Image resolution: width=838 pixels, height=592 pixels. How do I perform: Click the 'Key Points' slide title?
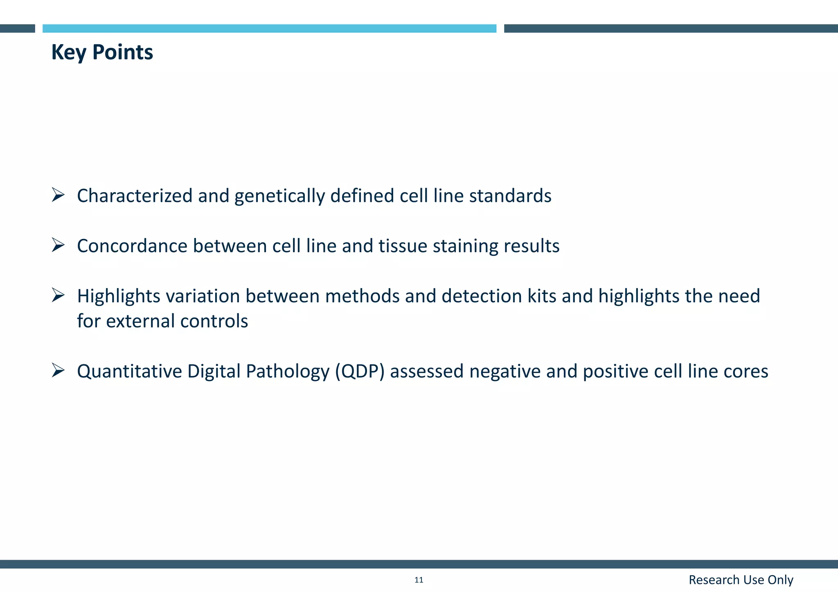coord(102,52)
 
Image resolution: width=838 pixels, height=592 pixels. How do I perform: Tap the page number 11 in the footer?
coord(419,580)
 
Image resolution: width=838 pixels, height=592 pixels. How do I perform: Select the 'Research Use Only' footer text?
coord(741,580)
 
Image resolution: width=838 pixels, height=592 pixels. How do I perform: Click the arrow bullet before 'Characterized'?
coord(58,195)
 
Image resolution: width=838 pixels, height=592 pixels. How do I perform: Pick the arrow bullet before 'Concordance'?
coord(58,245)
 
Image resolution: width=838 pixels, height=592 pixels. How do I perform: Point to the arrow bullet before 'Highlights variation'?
coord(58,295)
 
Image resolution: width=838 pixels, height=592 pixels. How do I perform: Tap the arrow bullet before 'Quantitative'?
coord(58,371)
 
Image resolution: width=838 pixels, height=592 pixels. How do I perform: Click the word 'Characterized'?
coord(135,195)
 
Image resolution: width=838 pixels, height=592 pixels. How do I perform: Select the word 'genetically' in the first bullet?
coord(279,196)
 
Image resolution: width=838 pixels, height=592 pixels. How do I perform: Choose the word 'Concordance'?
coord(132,246)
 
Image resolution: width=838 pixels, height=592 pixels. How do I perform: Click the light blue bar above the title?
coord(269,28)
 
